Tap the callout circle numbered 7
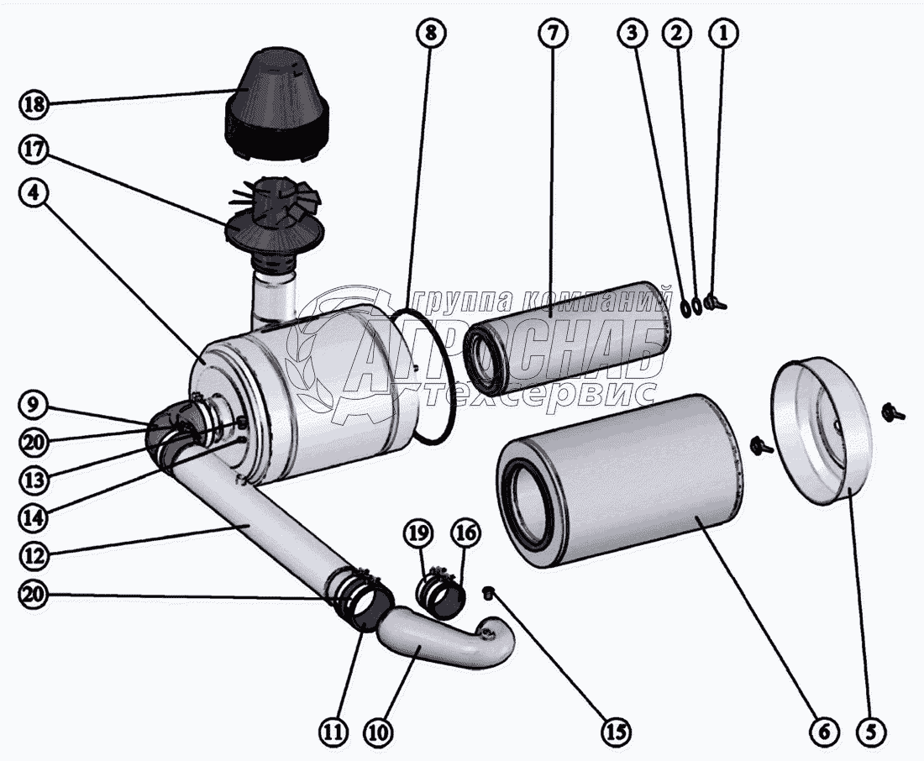(x=551, y=34)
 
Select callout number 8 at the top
(x=429, y=34)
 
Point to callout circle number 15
(x=617, y=732)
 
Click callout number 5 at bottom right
(x=874, y=732)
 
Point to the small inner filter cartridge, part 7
(x=571, y=336)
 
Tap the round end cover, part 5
(x=815, y=433)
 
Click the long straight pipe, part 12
(x=252, y=521)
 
